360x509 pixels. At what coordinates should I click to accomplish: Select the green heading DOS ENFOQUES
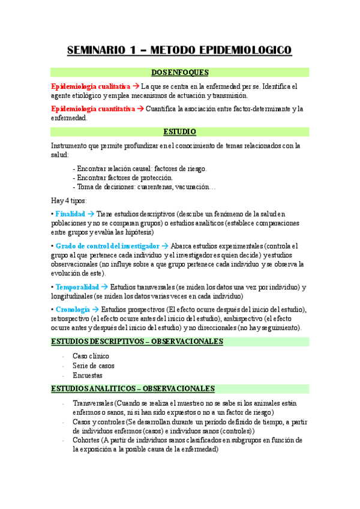point(179,73)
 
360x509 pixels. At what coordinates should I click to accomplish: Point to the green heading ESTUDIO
point(179,131)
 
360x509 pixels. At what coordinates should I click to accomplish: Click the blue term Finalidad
point(70,214)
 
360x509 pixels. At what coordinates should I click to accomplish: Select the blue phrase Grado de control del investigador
point(107,246)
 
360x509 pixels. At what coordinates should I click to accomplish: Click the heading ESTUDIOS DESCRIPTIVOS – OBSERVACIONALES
point(137,342)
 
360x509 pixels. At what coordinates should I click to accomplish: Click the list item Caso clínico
point(91,356)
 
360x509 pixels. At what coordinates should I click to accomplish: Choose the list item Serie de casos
point(93,366)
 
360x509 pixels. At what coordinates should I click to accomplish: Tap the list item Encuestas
point(87,375)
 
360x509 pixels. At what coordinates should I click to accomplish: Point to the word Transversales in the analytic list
point(92,403)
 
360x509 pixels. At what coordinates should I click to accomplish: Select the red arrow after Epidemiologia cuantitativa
point(140,109)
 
